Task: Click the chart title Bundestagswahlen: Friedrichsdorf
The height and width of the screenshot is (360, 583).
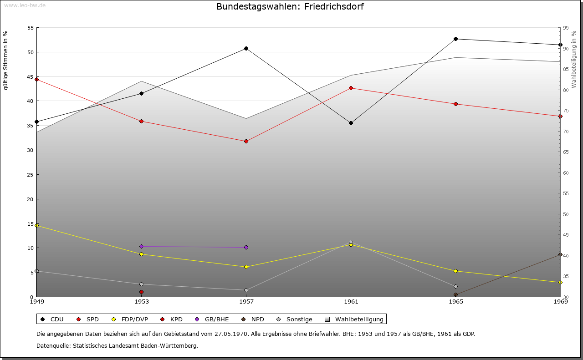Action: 290,7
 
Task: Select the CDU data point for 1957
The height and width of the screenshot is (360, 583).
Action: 246,48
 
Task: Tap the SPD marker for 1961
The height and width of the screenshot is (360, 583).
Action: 351,88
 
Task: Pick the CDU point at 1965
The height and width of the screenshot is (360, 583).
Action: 455,39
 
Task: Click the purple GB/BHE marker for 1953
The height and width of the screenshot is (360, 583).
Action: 141,246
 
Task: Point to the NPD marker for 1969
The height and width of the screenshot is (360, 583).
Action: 560,254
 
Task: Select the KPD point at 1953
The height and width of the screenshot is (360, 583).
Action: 141,292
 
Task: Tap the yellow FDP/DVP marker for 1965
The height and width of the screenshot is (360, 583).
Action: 455,271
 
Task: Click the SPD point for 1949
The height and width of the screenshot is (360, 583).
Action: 37,79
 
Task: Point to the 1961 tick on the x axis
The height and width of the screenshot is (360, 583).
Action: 351,301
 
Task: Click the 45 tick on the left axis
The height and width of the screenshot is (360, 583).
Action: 31,76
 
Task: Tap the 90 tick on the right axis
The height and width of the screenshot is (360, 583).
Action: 566,48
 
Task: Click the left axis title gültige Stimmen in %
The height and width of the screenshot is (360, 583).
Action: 5,60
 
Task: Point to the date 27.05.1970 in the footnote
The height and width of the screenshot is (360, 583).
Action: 231,334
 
